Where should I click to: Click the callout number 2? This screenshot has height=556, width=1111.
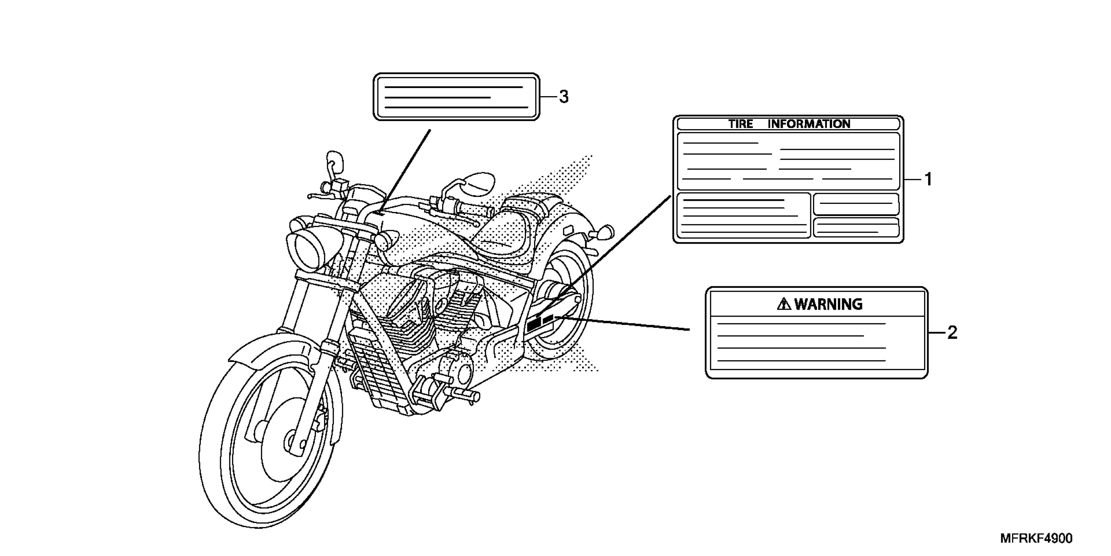[952, 332]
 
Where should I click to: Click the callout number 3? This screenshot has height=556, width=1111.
[564, 97]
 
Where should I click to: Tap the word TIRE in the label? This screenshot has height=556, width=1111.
[740, 124]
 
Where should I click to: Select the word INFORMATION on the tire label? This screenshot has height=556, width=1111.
[809, 124]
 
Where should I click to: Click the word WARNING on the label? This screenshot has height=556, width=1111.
[828, 304]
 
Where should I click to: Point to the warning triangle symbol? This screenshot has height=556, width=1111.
[784, 304]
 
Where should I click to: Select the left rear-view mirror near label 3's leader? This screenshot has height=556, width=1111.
[336, 161]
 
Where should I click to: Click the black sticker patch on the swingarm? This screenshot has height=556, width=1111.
[534, 323]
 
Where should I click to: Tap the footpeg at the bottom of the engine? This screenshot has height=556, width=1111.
[466, 394]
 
